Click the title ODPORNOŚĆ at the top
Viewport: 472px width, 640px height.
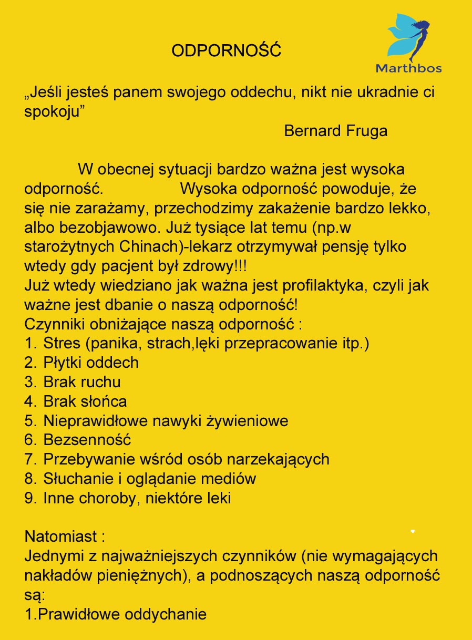(226, 51)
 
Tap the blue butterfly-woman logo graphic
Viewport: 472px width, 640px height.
(409, 37)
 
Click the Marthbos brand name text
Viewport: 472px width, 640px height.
(408, 68)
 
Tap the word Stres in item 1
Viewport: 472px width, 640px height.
(62, 344)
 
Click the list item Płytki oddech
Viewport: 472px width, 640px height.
(91, 363)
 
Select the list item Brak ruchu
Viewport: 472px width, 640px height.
(82, 382)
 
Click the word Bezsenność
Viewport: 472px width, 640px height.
(87, 440)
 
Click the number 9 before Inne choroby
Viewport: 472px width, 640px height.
(30, 498)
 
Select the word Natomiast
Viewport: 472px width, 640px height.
(61, 537)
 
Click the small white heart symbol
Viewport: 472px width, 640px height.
(413, 531)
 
